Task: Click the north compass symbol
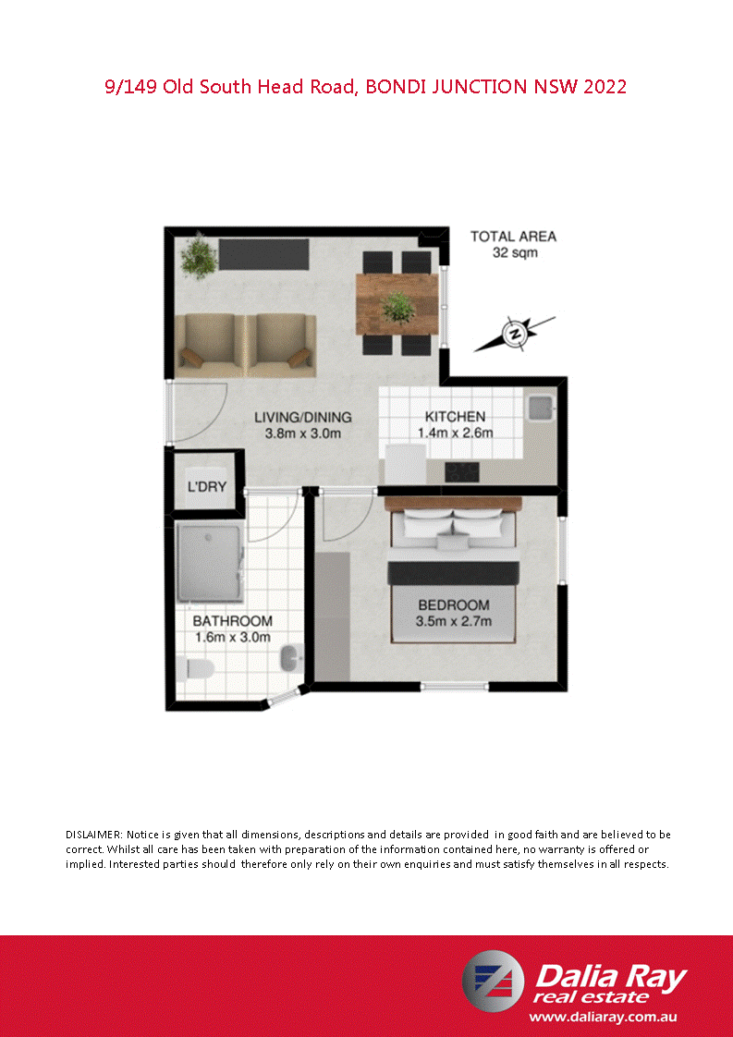(x=516, y=332)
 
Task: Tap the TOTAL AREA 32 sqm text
(x=513, y=244)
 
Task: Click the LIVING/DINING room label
(x=303, y=425)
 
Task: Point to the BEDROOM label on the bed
(x=453, y=613)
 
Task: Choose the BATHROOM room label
(x=233, y=628)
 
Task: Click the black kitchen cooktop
(x=463, y=472)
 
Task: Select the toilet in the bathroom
(x=191, y=666)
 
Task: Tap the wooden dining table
(x=397, y=304)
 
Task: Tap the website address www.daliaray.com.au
(x=605, y=1016)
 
